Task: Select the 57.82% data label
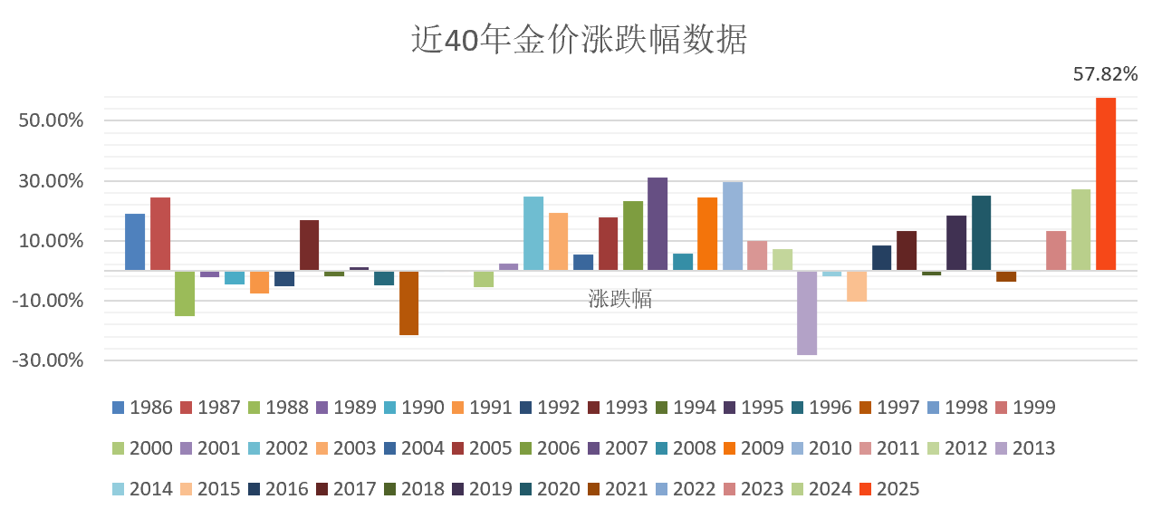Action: click(1105, 74)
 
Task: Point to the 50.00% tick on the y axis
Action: click(51, 120)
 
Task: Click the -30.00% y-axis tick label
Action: click(51, 360)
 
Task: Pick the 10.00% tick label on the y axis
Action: click(51, 241)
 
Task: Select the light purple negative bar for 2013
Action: click(807, 312)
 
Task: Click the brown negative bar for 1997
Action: click(408, 303)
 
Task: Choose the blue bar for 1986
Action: click(135, 242)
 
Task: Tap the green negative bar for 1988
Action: click(185, 293)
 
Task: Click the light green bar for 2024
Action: click(1080, 229)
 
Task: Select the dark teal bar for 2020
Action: click(981, 233)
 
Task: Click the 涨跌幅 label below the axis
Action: click(620, 299)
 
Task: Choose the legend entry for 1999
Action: click(1025, 408)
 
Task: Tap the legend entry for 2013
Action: click(1025, 448)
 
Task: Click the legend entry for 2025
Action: click(889, 489)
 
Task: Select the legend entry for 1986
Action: click(142, 408)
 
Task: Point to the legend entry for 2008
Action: click(686, 448)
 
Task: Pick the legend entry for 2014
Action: click(142, 489)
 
